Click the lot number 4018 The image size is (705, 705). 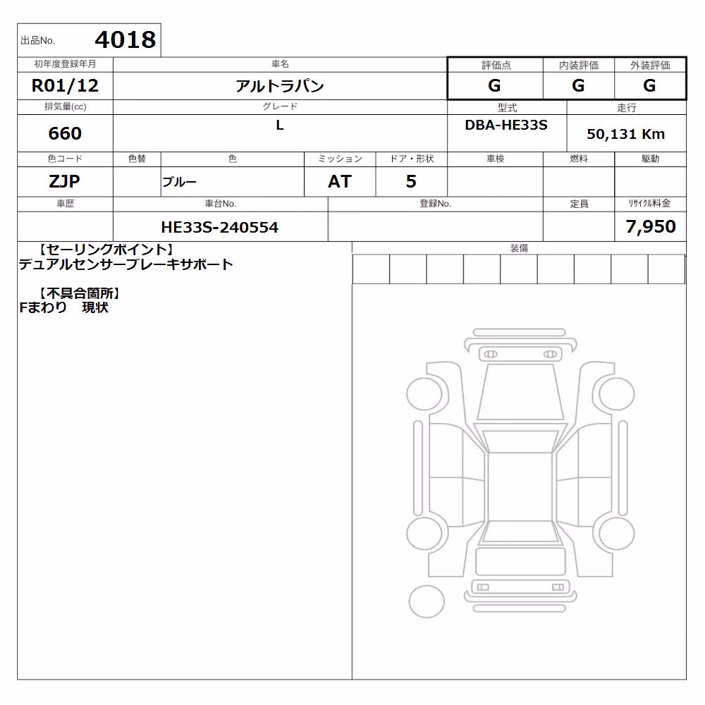(x=125, y=39)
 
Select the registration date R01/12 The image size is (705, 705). (x=65, y=85)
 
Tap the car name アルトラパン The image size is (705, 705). (x=280, y=86)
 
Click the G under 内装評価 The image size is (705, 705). (x=578, y=85)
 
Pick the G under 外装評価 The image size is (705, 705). (x=649, y=85)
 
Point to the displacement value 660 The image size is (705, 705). (x=65, y=133)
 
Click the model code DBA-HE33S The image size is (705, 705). (x=506, y=125)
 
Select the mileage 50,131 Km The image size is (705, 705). (x=625, y=133)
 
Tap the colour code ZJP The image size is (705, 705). (x=64, y=181)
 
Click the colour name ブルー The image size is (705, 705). (x=179, y=182)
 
